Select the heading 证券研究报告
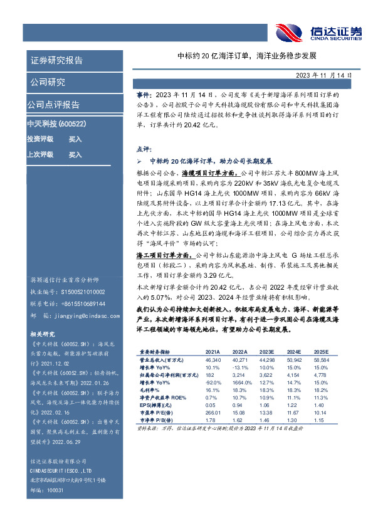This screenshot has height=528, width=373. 56,61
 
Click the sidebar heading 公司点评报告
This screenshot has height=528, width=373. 53,105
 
